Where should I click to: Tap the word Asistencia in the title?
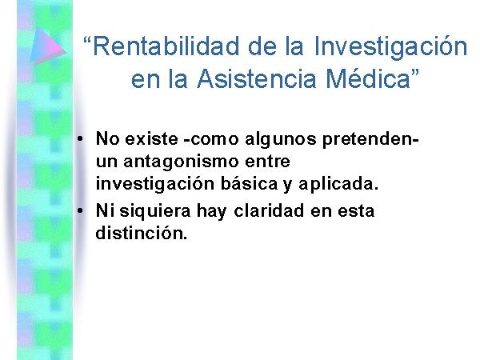[x=256, y=78]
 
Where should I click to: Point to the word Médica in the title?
[x=368, y=78]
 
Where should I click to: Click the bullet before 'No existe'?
[x=80, y=139]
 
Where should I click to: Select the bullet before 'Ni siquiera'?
[x=80, y=210]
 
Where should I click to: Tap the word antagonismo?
[x=181, y=162]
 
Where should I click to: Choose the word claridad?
[x=269, y=211]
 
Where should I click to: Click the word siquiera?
[x=155, y=212]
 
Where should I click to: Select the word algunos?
[x=281, y=140]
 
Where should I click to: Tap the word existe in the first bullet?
[x=151, y=139]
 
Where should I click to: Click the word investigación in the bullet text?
[x=155, y=185]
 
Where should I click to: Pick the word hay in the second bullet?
[x=211, y=212]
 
